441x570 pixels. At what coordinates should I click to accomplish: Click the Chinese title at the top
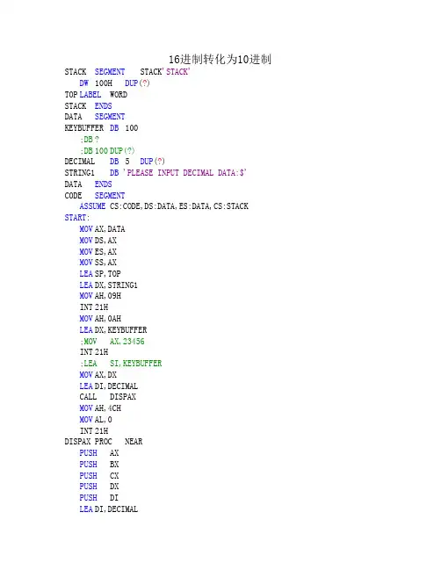pos(220,59)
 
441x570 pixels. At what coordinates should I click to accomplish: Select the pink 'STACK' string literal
pos(177,72)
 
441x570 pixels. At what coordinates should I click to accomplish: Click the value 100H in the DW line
pos(104,83)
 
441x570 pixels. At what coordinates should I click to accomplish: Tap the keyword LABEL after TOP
pos(90,95)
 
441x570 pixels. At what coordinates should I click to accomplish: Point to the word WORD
pos(119,95)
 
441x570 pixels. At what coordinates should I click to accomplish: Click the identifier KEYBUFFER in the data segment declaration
pos(84,128)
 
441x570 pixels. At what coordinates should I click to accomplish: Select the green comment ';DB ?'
pos(90,140)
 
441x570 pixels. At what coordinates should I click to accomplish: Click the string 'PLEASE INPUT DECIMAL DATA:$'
pos(184,173)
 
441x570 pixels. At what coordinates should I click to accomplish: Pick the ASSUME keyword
pos(92,206)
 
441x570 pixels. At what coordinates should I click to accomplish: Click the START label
pos(76,218)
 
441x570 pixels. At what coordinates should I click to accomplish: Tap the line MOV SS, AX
pos(98,263)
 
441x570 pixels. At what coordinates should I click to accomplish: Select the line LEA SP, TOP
pos(100,274)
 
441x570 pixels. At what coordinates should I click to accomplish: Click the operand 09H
pos(114,296)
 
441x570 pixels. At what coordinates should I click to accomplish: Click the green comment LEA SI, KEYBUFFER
pos(121,363)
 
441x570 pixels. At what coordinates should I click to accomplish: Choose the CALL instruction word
pos(88,397)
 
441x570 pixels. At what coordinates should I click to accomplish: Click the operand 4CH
pos(114,408)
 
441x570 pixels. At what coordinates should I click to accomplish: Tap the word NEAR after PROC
pos(134,441)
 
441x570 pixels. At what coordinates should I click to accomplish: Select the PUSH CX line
pos(99,475)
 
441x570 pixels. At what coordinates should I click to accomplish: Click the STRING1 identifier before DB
pos(80,173)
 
